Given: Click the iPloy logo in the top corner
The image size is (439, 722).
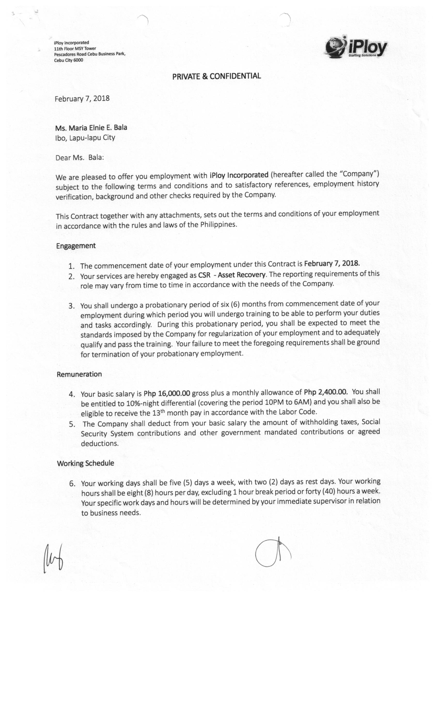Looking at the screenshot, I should [356, 47].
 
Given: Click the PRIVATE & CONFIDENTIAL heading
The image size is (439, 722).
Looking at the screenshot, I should [216, 76].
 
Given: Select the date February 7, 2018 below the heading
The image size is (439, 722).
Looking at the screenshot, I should [82, 99].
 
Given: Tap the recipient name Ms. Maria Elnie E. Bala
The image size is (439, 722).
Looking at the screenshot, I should [91, 128].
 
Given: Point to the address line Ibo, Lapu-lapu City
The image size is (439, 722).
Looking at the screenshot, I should [85, 138].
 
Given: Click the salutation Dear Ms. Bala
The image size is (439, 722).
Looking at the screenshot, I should [80, 158].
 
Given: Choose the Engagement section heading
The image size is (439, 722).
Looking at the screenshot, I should [76, 245].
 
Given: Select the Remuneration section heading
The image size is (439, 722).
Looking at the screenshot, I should [79, 374].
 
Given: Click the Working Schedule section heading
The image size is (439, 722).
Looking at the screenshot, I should [85, 463].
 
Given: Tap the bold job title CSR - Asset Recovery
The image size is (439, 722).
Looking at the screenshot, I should [232, 275].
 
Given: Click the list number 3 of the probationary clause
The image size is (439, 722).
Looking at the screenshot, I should [71, 306].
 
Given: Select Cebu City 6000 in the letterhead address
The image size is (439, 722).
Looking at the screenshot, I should [68, 60].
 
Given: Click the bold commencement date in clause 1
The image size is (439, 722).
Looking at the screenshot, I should [332, 263].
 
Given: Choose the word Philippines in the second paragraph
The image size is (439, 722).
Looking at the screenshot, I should [218, 225].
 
